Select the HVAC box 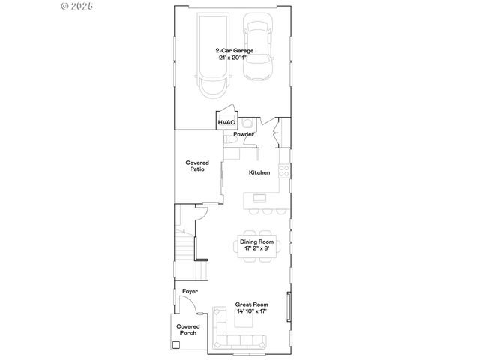[226, 122]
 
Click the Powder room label [244, 134]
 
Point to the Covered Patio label [197, 166]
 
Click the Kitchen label [259, 172]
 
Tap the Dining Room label [257, 241]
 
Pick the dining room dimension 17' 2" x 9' [257, 247]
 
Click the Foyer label [190, 291]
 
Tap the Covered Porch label [187, 329]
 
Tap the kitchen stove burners [284, 172]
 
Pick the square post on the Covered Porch [176, 345]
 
